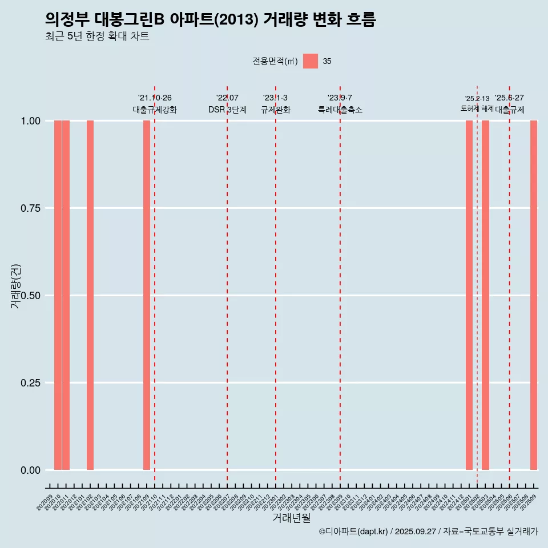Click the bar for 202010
tap(58, 295)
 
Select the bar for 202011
tap(66, 295)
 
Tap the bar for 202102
tap(90, 295)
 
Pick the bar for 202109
tap(147, 295)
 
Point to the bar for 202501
tap(469, 295)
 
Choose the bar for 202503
tap(485, 295)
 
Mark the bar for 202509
tap(534, 295)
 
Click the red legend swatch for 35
tap(311, 61)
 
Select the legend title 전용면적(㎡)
tap(275, 62)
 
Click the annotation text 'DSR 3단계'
tap(227, 110)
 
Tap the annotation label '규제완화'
tap(276, 110)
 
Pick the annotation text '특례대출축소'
tap(340, 110)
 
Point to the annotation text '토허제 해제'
tap(477, 108)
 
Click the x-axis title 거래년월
tap(292, 518)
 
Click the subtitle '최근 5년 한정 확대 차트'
tap(97, 36)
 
